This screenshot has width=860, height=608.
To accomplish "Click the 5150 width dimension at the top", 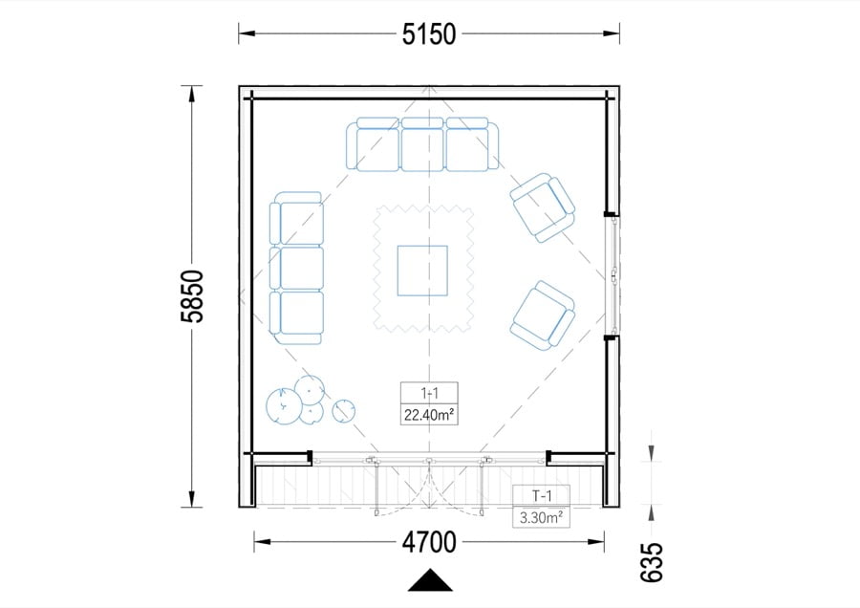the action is tap(429, 34).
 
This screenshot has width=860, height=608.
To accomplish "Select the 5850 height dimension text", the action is tap(194, 296).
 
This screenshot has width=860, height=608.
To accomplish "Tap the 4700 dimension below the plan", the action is tap(429, 543).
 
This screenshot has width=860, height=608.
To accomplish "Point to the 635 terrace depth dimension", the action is tap(652, 562).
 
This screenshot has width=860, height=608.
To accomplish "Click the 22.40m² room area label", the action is tap(429, 415).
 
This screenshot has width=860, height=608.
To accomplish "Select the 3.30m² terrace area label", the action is tap(542, 517).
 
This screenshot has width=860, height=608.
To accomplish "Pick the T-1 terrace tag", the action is tap(542, 496).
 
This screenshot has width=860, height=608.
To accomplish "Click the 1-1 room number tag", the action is tap(429, 393).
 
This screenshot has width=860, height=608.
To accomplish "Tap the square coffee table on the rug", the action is tap(422, 271).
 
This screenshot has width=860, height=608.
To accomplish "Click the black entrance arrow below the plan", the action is tap(431, 580).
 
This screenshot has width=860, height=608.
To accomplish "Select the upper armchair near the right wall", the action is tap(543, 207).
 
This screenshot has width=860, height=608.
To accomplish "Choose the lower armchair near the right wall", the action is tap(543, 316).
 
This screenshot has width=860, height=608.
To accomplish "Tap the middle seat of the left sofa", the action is tap(297, 269).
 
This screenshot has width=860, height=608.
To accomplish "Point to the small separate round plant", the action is tap(343, 410).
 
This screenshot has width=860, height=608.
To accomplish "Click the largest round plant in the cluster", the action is tap(284, 406).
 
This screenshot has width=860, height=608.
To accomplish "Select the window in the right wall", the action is tap(613, 274).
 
